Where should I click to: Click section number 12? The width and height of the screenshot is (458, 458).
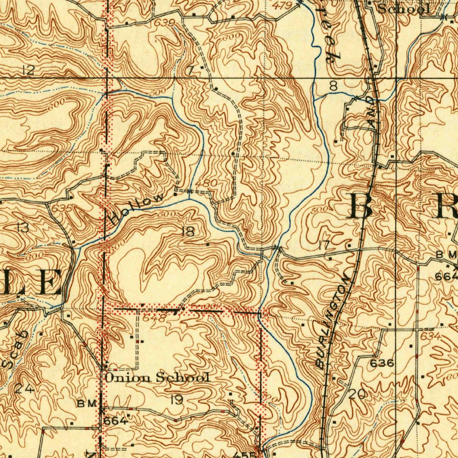coord(27,69)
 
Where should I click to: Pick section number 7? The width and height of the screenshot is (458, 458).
coord(191,70)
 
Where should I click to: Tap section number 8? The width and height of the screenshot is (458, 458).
coord(333,86)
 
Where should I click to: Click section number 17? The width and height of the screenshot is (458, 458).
coord(324,245)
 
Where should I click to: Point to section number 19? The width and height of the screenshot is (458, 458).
coord(177,399)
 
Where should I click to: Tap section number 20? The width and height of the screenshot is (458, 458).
coord(356,394)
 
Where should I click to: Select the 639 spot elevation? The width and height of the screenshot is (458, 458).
coord(165,22)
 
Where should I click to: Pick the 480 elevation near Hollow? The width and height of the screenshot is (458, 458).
coord(208,183)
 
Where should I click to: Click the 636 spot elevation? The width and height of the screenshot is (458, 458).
coord(382,363)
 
